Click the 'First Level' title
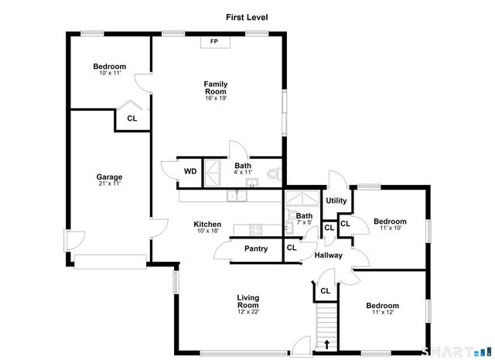[x=247, y=16]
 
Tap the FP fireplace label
[x=214, y=42]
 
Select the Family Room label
[x=215, y=87]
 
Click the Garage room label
[x=109, y=177]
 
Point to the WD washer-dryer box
[x=189, y=172]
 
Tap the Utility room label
[x=336, y=201]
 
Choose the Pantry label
[x=256, y=249]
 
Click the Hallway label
[x=329, y=255]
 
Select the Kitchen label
[x=207, y=225]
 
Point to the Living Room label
[x=247, y=301]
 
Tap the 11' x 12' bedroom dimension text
[x=382, y=313]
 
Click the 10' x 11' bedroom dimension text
[x=109, y=74]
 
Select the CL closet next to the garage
[x=131, y=118]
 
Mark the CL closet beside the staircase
[x=325, y=291]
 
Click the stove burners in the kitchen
[x=256, y=228]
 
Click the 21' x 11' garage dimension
[x=109, y=183]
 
